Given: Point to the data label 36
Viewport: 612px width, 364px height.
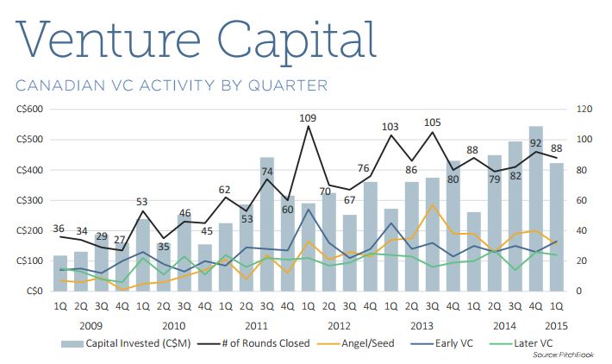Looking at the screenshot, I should [59, 229].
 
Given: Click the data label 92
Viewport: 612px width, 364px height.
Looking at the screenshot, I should [535, 143].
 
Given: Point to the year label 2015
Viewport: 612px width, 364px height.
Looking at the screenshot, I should [556, 324].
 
